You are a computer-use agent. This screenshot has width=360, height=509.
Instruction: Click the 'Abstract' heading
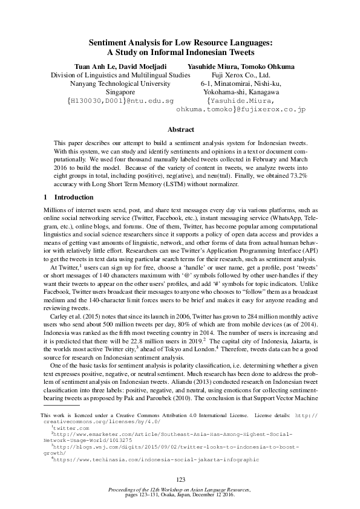pos(180,130)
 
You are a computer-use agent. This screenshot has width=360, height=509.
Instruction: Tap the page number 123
pos(180,479)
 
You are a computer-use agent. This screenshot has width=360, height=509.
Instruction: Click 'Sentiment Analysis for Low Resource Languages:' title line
pos(180,43)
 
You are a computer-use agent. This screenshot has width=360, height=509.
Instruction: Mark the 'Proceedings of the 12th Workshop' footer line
pos(180,488)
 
